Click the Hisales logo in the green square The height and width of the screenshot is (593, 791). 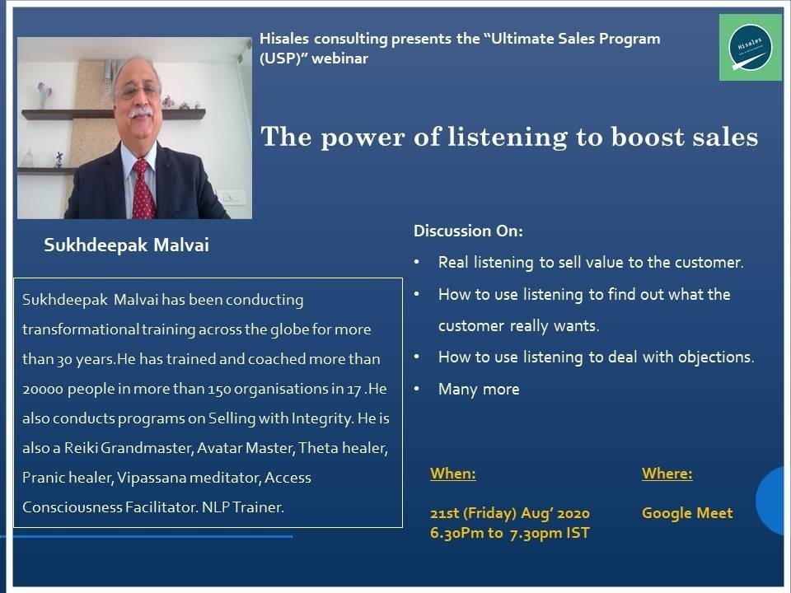750,47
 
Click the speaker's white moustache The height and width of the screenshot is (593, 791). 140,113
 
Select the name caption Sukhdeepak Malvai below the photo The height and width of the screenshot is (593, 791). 126,245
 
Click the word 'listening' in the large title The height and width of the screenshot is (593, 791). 508,138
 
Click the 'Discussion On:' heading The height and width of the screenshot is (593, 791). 468,231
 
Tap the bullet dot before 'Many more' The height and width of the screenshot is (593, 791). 417,389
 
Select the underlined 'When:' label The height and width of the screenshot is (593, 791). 453,474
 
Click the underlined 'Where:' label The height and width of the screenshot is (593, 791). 667,474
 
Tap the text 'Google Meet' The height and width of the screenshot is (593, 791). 687,513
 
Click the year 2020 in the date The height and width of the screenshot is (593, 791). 574,513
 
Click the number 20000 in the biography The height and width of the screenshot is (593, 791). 43,389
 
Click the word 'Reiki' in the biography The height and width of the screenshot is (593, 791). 80,448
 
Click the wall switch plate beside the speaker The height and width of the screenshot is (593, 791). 232,197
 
